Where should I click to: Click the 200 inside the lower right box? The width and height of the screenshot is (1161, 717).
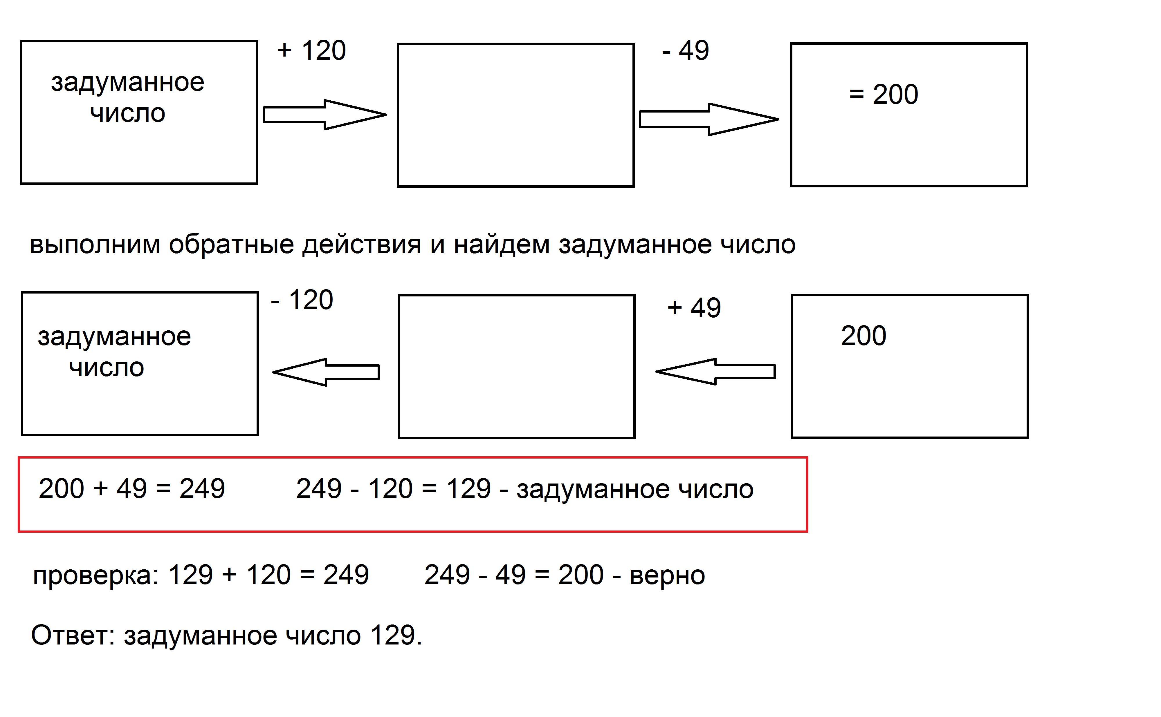tap(863, 336)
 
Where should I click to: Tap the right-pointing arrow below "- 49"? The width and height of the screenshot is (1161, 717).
tap(709, 119)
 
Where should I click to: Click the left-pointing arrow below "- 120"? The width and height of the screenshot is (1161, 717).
tap(327, 372)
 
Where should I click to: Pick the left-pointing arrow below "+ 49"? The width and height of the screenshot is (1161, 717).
tap(715, 371)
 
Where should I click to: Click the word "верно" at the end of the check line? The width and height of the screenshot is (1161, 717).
tap(667, 575)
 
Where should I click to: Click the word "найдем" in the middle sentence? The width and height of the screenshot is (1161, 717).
tap(502, 245)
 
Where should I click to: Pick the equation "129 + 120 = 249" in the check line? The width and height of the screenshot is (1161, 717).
tap(268, 575)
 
